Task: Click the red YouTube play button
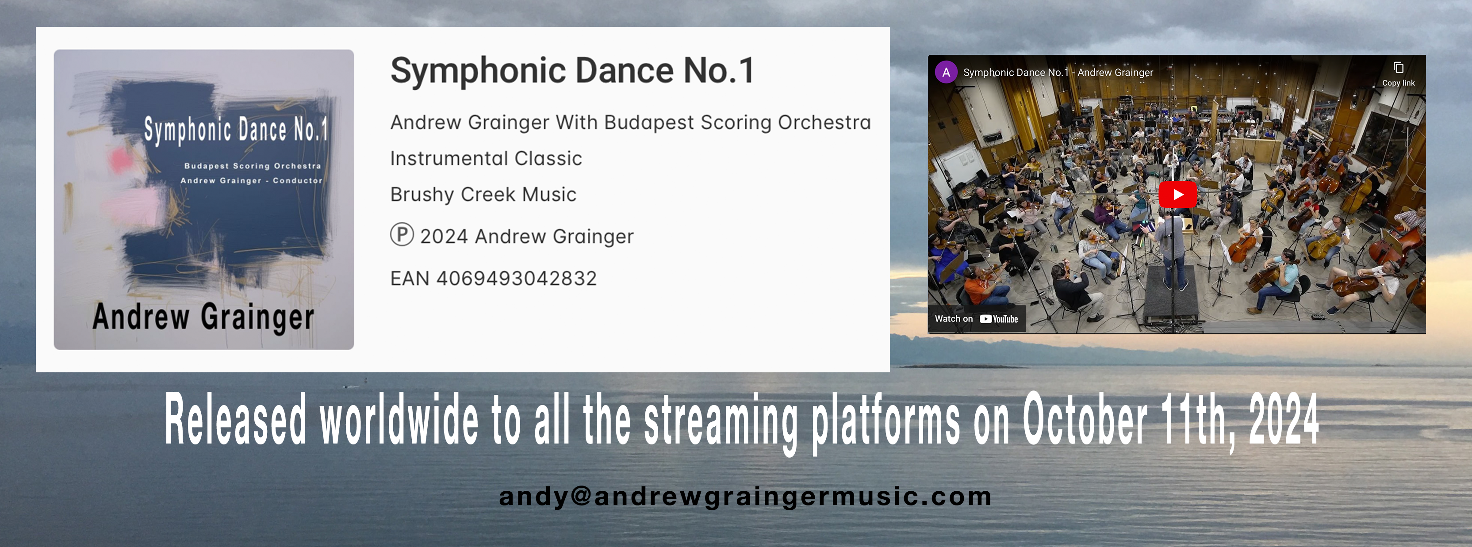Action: click(x=1178, y=194)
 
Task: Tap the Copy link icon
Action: click(x=1398, y=68)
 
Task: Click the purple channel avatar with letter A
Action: click(x=946, y=72)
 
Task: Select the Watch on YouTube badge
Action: click(x=977, y=319)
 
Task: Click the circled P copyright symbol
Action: click(x=402, y=234)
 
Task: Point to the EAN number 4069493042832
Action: click(x=517, y=278)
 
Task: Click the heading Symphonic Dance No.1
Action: click(x=572, y=71)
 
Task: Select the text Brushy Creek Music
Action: click(x=483, y=194)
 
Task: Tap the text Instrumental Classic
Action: click(x=486, y=158)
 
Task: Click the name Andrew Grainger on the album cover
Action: click(x=203, y=317)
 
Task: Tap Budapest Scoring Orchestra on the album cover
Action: click(x=253, y=166)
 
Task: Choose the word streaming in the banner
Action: click(x=721, y=423)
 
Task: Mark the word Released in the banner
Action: click(x=235, y=419)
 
